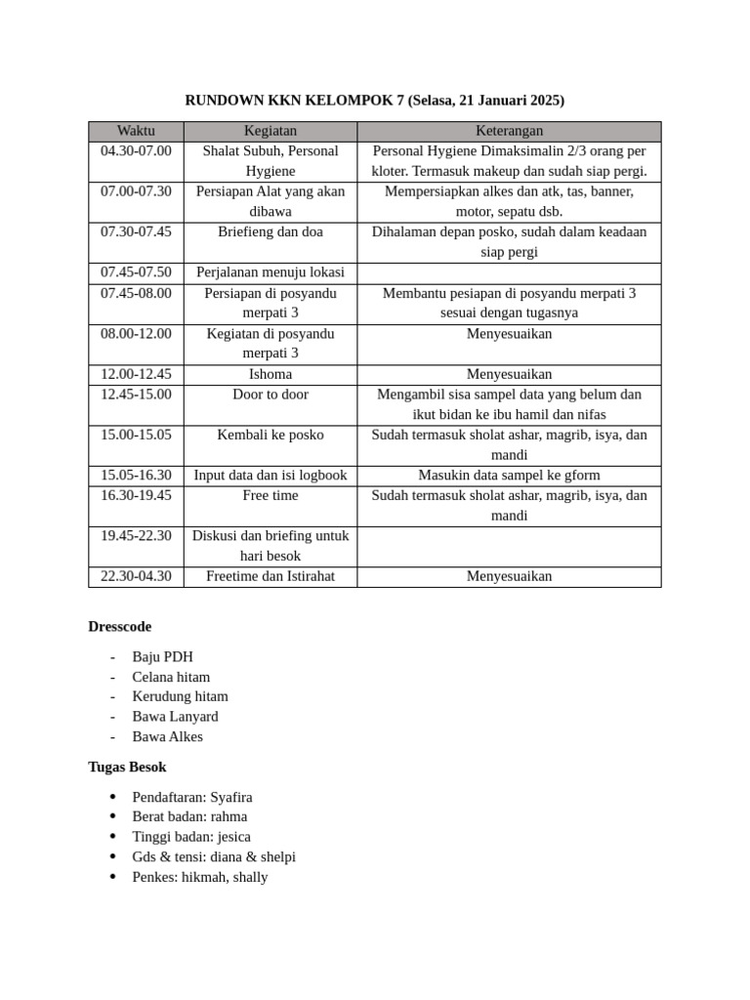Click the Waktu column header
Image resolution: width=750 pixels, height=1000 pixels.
point(136,131)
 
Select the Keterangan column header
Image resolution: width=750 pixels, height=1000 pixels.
point(509,131)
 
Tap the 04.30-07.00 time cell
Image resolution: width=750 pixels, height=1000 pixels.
point(136,151)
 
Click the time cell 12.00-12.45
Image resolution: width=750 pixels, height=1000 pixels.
point(136,374)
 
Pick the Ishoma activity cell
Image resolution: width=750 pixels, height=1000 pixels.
point(271,374)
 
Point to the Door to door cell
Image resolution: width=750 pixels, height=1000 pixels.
point(271,395)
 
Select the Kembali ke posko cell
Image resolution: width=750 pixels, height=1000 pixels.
point(271,435)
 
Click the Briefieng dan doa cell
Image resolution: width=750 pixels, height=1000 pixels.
point(271,232)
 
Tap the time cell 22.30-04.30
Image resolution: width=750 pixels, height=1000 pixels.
point(136,576)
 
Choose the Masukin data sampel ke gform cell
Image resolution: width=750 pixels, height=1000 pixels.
point(509,476)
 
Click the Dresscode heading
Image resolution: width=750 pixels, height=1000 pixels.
point(119,627)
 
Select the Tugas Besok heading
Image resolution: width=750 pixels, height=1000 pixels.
point(127,768)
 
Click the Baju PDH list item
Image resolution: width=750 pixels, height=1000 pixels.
point(162,657)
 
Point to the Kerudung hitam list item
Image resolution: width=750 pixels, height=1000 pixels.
point(180,697)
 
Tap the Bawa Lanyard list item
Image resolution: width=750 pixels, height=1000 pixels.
point(175,717)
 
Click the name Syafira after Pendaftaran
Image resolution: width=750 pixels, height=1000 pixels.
point(231,798)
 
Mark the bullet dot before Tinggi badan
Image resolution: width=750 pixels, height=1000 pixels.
point(114,837)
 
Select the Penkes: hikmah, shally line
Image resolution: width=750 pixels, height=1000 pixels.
point(199,877)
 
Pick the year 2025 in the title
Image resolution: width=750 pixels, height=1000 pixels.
point(545,101)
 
